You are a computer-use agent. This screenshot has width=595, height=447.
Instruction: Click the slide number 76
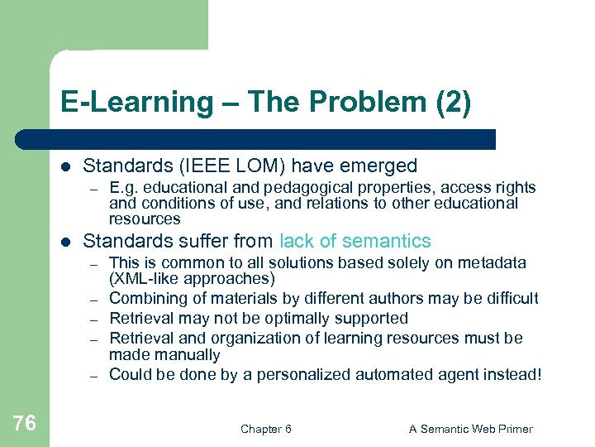[25, 423]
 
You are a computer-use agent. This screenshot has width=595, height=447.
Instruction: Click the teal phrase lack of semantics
[355, 241]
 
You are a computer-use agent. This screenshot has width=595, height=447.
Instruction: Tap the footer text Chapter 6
[265, 429]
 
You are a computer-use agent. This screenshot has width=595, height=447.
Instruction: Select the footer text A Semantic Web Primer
[471, 429]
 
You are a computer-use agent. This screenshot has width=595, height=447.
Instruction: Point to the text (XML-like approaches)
[192, 278]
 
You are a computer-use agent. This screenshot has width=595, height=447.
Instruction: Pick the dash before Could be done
[95, 375]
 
